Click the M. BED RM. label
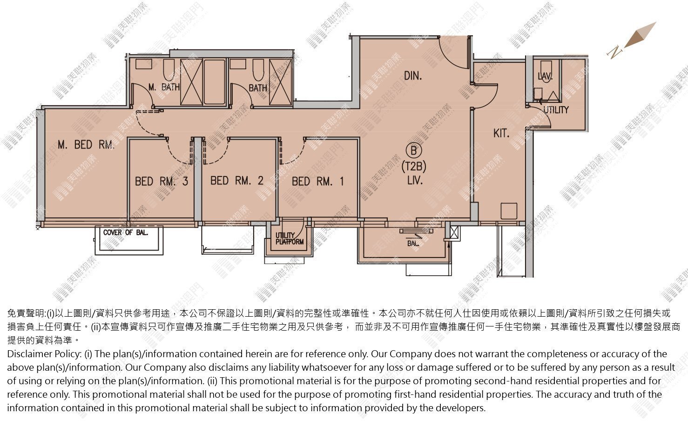(x=86, y=144)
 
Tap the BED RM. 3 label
(x=162, y=181)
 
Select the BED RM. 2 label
(x=237, y=181)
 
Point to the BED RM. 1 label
(x=317, y=181)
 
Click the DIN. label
(x=413, y=75)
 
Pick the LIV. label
(x=415, y=180)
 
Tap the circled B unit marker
(x=414, y=150)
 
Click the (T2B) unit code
(x=414, y=166)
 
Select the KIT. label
(x=501, y=133)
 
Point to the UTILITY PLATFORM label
(x=290, y=239)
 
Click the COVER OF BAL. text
(x=126, y=233)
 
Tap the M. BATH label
(x=164, y=87)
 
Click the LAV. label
(x=545, y=75)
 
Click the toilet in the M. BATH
(x=169, y=70)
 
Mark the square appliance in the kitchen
(x=509, y=211)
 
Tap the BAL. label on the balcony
(x=413, y=244)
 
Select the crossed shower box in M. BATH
(x=191, y=82)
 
